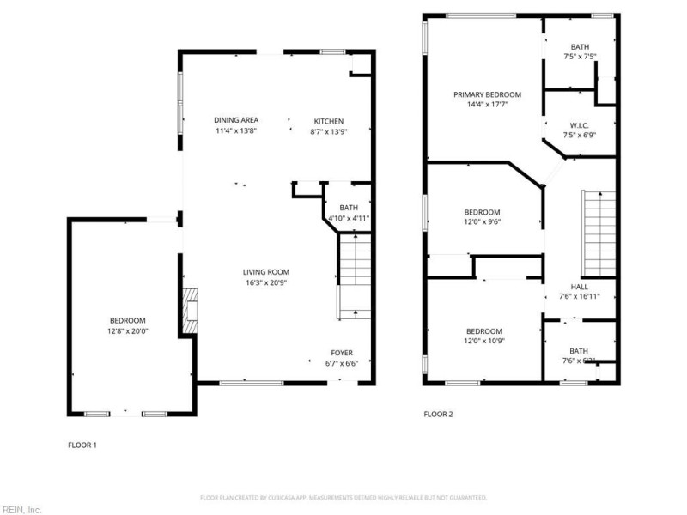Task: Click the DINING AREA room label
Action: [236, 120]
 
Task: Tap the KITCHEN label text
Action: [328, 121]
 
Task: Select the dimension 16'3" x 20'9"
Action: [265, 282]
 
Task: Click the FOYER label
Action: [342, 353]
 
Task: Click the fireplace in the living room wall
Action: [190, 310]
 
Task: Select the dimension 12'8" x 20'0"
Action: [127, 331]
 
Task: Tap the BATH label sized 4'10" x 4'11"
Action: [348, 208]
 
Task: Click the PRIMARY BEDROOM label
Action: [487, 94]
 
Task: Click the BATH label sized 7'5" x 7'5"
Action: [580, 46]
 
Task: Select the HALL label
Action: [579, 287]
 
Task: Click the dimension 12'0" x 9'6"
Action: [482, 221]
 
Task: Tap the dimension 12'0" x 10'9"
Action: [484, 342]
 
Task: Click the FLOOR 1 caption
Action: [82, 445]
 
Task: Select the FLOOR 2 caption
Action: [438, 414]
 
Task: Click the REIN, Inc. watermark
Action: [21, 509]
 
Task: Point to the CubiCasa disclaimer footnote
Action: [343, 498]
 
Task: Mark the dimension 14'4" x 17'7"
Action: [487, 105]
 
